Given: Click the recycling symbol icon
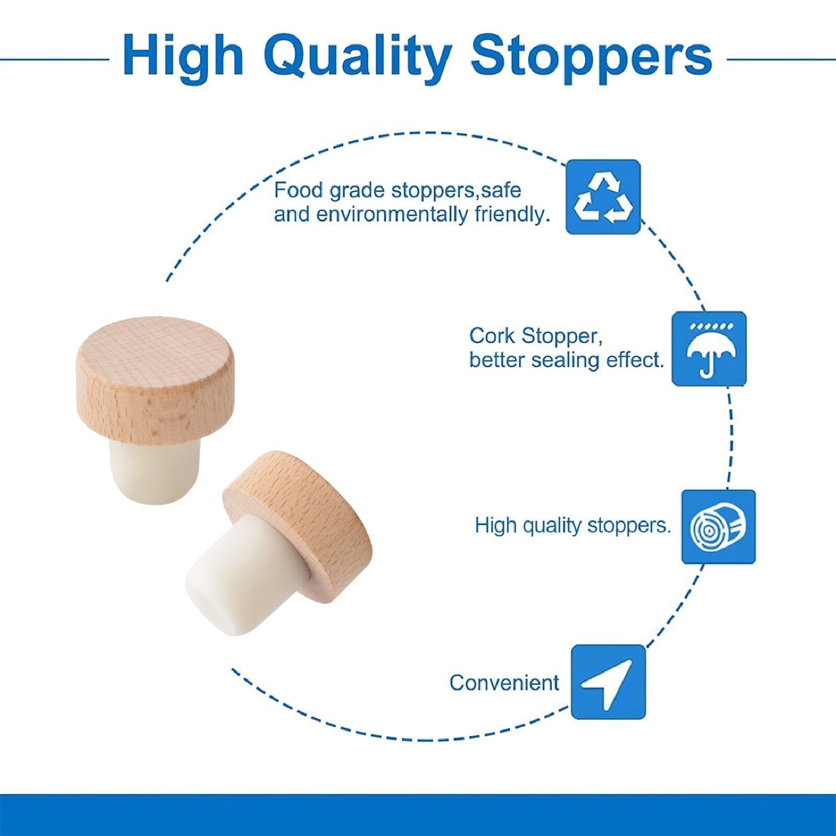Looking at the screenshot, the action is point(603,197).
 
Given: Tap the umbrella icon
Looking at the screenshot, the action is point(709,349).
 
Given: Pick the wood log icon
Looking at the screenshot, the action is point(718,527).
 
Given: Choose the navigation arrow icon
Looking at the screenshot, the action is point(608,682).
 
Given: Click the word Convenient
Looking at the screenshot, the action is point(504,682).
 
